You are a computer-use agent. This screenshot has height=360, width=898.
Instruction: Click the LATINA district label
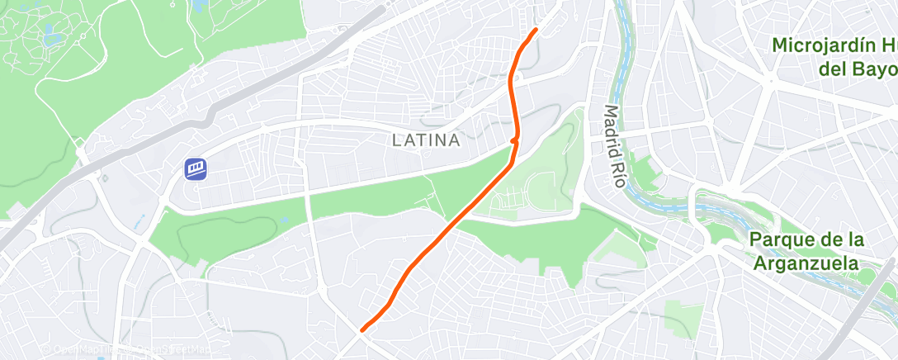tap(425, 140)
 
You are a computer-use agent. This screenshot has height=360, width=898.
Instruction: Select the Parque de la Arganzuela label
tap(806, 251)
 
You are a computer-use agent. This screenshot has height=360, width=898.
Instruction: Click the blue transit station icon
tap(196, 169)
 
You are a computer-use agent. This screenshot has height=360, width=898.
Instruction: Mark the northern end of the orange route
tap(536, 30)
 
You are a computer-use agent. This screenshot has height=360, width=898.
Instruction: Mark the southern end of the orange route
tap(362, 330)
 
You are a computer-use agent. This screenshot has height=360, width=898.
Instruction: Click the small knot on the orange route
tap(514, 141)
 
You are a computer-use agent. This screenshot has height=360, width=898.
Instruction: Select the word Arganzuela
tap(807, 263)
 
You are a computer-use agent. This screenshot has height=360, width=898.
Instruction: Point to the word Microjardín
tap(825, 45)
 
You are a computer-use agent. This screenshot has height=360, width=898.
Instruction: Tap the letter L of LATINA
tap(396, 140)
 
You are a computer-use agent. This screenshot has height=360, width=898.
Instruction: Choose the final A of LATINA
tap(454, 140)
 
